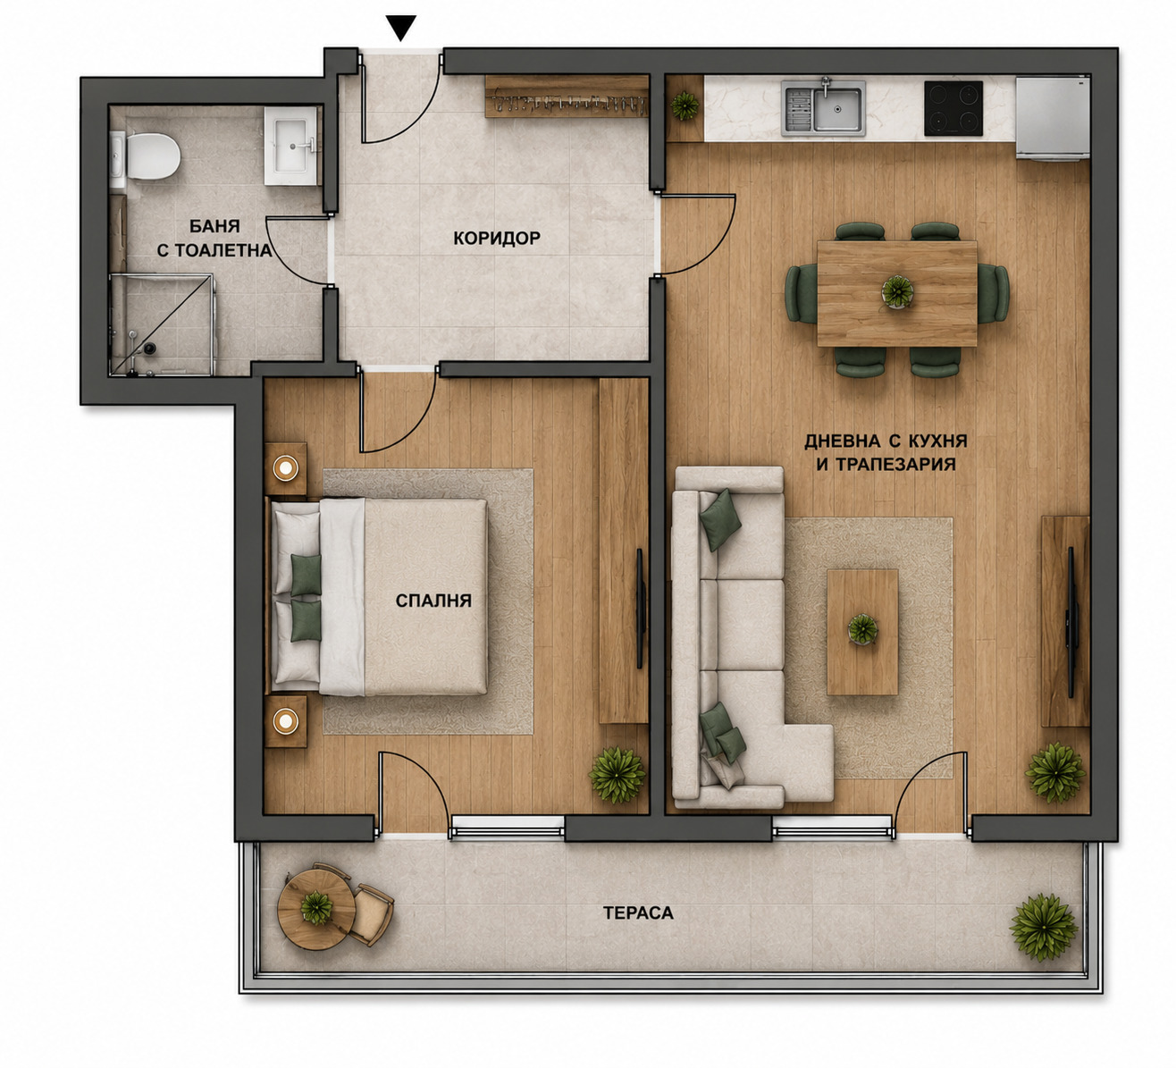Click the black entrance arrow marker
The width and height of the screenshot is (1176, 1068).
[401, 28]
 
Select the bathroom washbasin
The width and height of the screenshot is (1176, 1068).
[291, 146]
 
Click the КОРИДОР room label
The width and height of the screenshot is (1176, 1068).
[497, 238]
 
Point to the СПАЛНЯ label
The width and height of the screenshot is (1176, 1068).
[433, 601]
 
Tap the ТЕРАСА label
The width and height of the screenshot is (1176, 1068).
[638, 913]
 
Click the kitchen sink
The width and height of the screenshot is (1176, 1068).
[823, 108]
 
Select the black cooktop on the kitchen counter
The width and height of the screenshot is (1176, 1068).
[953, 108]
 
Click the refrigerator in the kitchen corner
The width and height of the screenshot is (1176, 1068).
[1053, 119]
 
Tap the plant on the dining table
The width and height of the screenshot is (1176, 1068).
[897, 291]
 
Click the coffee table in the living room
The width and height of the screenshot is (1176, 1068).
[862, 632]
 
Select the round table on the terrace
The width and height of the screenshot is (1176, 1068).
[316, 909]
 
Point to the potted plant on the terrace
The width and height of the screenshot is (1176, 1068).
[1044, 928]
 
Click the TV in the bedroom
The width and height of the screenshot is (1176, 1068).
[641, 609]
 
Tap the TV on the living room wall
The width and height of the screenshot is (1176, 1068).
[1071, 622]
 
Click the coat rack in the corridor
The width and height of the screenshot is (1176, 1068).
[567, 97]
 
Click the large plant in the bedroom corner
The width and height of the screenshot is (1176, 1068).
[617, 775]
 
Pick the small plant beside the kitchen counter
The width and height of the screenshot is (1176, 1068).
[685, 106]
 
